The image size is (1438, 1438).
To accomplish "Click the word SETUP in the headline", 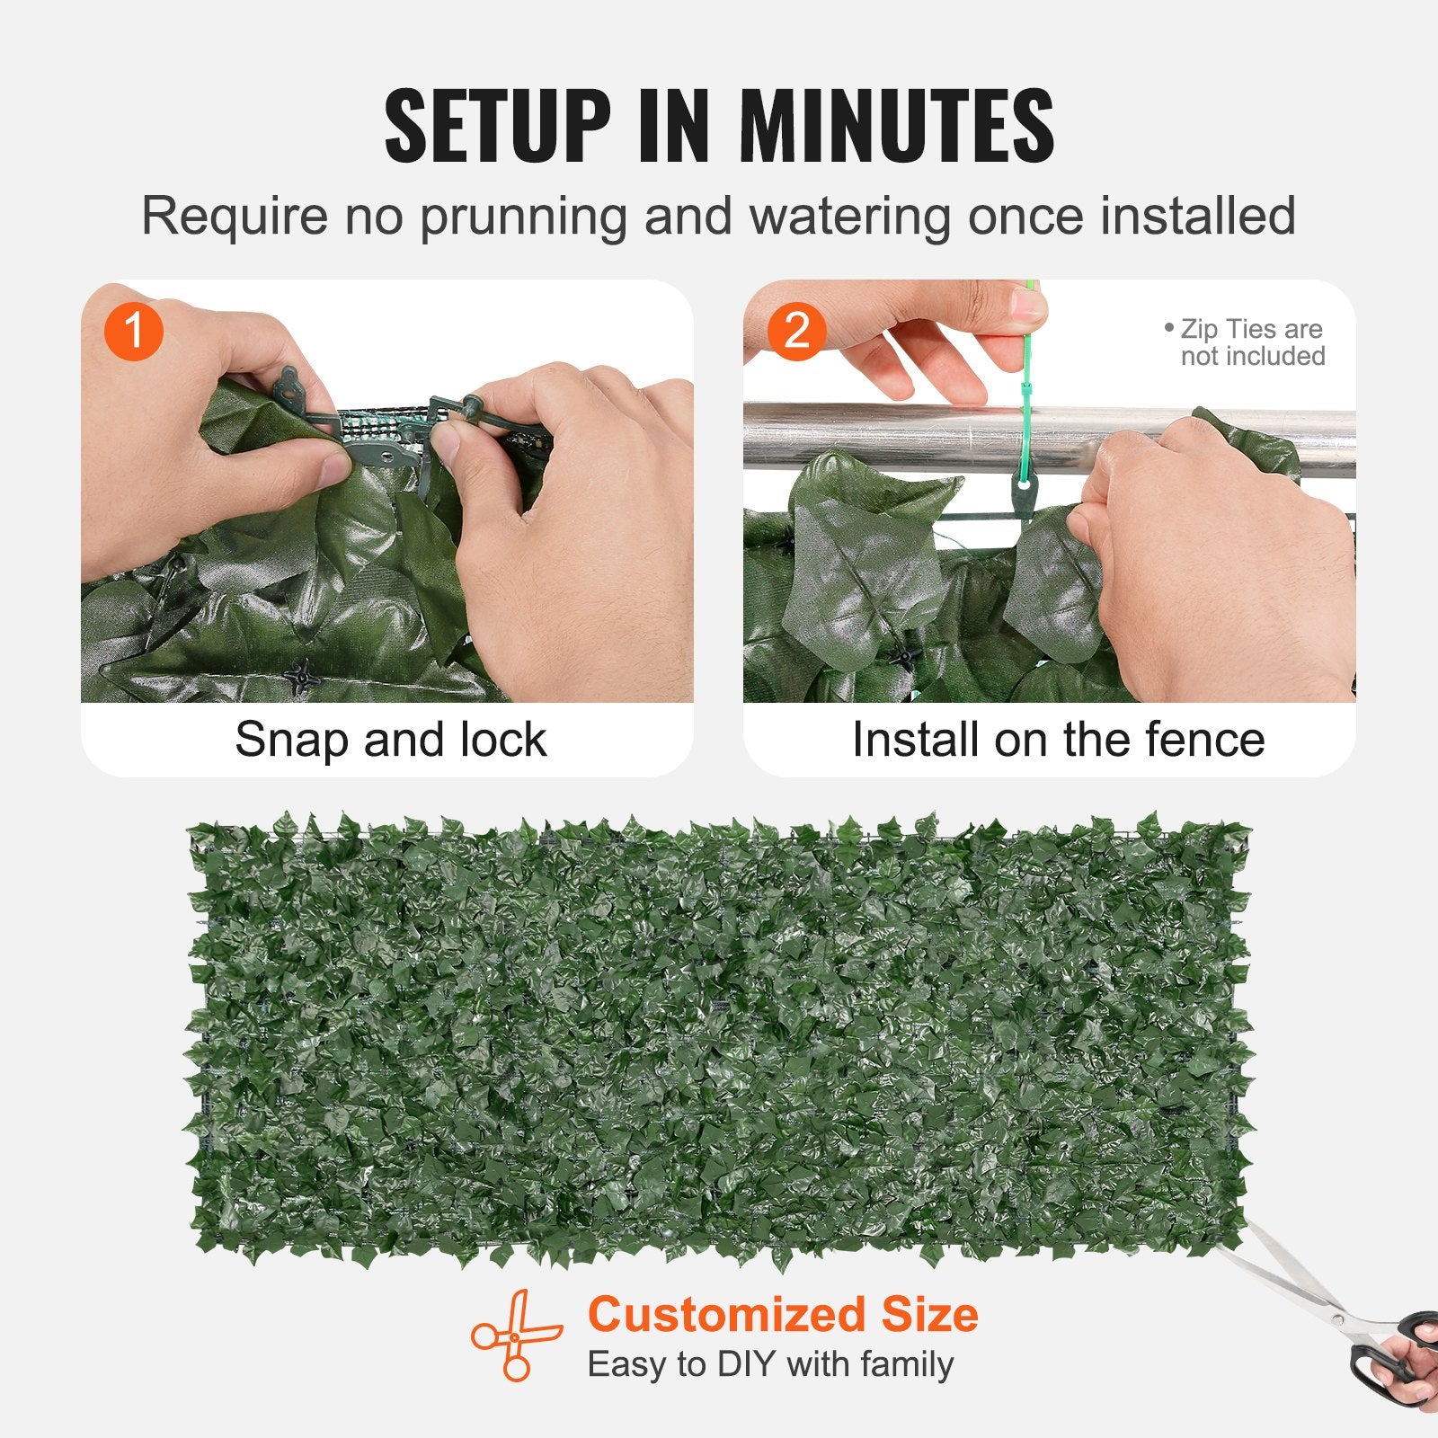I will pyautogui.click(x=497, y=126).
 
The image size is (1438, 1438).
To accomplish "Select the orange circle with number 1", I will pyautogui.click(x=133, y=331).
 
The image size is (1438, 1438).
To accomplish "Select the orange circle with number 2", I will pyautogui.click(x=796, y=331).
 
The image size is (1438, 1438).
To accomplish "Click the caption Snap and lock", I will pyautogui.click(x=390, y=740).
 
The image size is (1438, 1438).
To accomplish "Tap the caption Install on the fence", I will pyautogui.click(x=1058, y=740).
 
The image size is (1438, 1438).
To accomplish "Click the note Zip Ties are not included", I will pyautogui.click(x=1249, y=342).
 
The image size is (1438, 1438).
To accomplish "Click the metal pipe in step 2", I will pyautogui.click(x=899, y=436).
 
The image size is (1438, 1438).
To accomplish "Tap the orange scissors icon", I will pyautogui.click(x=515, y=1336).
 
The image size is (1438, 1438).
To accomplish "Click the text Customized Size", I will pyautogui.click(x=782, y=1314).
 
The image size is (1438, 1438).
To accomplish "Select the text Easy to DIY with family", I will pyautogui.click(x=770, y=1364).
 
